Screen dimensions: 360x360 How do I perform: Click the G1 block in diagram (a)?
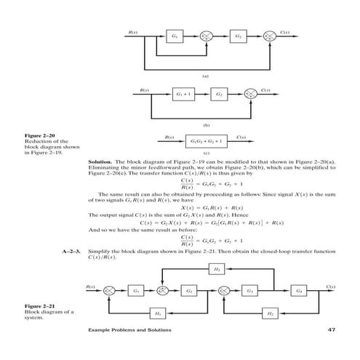tap(175, 36)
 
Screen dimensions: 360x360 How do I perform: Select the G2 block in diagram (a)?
tap(237, 36)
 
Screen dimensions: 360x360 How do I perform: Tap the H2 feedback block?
tap(268, 313)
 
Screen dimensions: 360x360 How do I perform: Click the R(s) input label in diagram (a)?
tap(132, 31)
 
